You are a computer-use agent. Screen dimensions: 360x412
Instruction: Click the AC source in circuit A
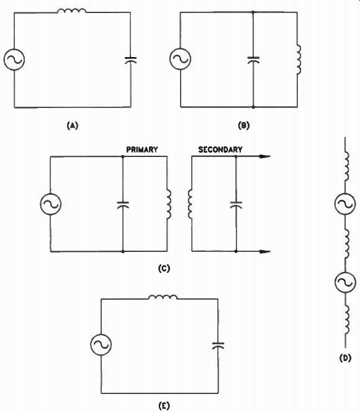(x=14, y=60)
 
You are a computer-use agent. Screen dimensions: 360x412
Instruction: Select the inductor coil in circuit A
(x=71, y=11)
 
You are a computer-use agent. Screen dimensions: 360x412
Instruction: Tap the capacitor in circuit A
(x=130, y=60)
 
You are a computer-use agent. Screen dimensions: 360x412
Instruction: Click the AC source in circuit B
(x=180, y=59)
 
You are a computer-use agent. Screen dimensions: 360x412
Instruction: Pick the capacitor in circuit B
(x=253, y=60)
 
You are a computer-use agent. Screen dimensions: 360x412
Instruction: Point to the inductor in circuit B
(x=299, y=60)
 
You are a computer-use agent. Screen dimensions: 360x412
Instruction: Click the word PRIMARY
(x=142, y=150)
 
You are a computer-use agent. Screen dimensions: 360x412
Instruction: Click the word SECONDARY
(x=220, y=150)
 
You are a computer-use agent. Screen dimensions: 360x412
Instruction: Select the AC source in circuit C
(x=51, y=204)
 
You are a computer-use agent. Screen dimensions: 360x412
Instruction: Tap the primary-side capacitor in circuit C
(x=123, y=205)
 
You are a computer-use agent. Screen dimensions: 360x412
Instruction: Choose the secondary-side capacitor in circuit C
(x=236, y=205)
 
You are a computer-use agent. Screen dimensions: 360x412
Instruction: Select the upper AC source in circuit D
(x=345, y=204)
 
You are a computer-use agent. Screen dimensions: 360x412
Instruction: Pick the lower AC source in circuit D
(x=345, y=282)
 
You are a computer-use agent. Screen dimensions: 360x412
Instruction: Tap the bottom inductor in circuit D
(x=347, y=320)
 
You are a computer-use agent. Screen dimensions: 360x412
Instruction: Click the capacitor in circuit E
(x=218, y=346)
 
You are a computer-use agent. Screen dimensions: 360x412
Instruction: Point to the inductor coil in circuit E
(x=163, y=297)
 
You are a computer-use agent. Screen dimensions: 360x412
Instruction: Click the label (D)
(x=345, y=358)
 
